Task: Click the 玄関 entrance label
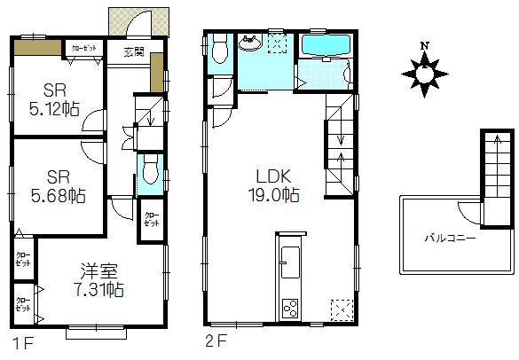pos(135,51)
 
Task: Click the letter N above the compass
pos(425,46)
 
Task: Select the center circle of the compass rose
pos(426,73)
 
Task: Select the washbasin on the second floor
pos(249,43)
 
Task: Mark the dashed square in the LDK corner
pos(341,309)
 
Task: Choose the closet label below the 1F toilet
pos(152,220)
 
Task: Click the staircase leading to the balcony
pos(497,168)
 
